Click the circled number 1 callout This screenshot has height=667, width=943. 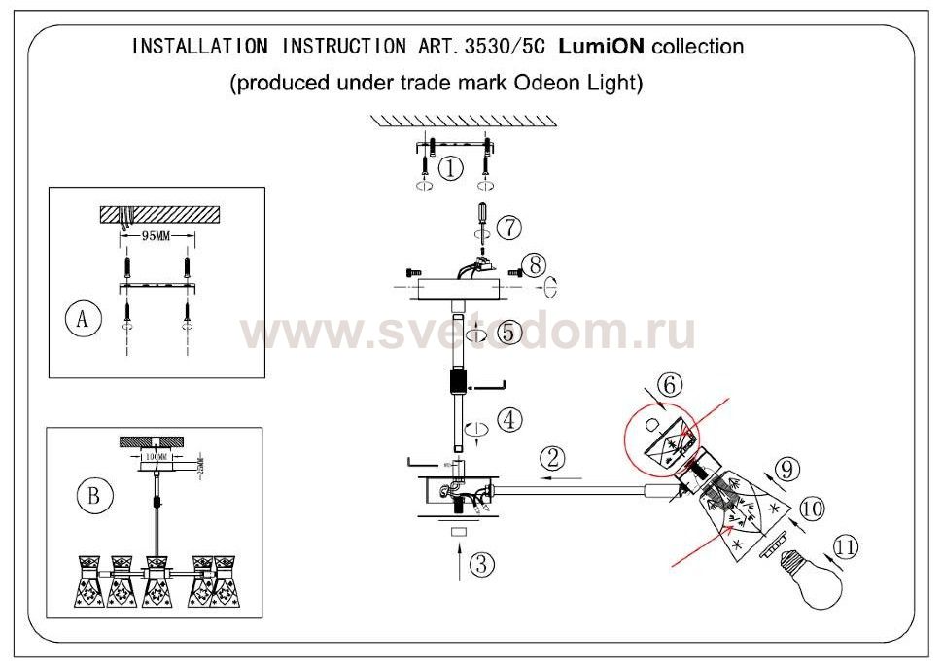coord(449,168)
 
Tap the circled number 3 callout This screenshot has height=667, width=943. coord(478,563)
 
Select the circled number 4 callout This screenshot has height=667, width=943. coord(509,421)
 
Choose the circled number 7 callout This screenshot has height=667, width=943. coord(508,227)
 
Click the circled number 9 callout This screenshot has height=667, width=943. coord(786,469)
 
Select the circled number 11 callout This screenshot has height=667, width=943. coord(847,547)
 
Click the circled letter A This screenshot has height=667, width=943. coord(84,320)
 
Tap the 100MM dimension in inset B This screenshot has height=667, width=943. coord(156,455)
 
